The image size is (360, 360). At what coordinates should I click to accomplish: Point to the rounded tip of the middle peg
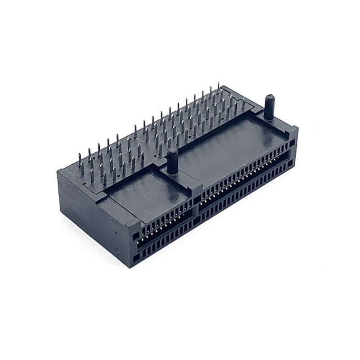pos(172,150)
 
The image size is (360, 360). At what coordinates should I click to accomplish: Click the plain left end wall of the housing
pos(90,211)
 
